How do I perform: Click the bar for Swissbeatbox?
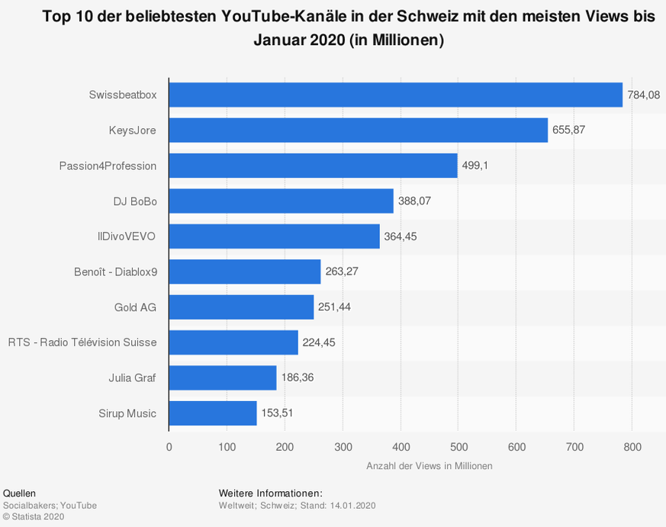(395, 95)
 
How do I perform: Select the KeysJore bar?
(358, 130)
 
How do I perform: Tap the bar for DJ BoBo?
(281, 201)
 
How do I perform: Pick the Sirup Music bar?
(213, 413)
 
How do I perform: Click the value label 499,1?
(478, 165)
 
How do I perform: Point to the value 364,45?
(401, 236)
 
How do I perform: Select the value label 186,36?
(298, 378)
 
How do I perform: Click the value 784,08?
(643, 95)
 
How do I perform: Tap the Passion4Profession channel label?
(108, 165)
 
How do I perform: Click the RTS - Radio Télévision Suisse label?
(82, 342)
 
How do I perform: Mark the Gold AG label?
(134, 307)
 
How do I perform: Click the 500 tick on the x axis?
(458, 447)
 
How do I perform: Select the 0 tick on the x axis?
(169, 447)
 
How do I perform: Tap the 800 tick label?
(632, 447)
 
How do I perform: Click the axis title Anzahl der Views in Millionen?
(430, 466)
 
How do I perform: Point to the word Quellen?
(19, 493)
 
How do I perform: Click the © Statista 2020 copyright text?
(34, 516)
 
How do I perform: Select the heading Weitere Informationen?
(270, 493)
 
